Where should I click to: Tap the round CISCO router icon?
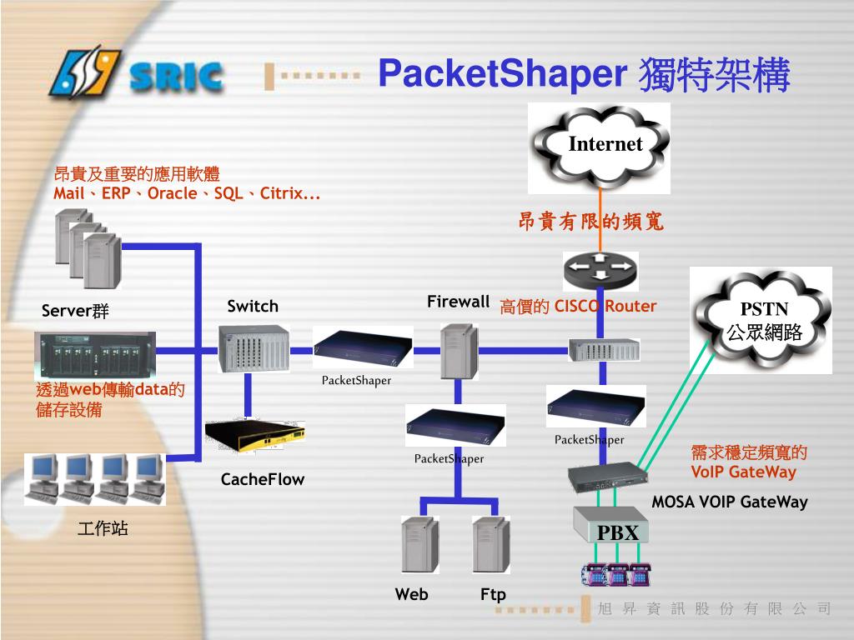click(x=600, y=269)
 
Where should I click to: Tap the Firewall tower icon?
click(x=459, y=349)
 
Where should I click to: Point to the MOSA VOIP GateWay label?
click(x=729, y=502)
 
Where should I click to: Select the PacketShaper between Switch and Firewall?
click(x=363, y=347)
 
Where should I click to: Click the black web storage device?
click(x=94, y=353)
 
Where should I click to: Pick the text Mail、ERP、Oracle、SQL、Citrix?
click(x=187, y=194)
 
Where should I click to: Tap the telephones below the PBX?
click(x=616, y=573)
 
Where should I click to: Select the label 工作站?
click(x=103, y=527)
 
